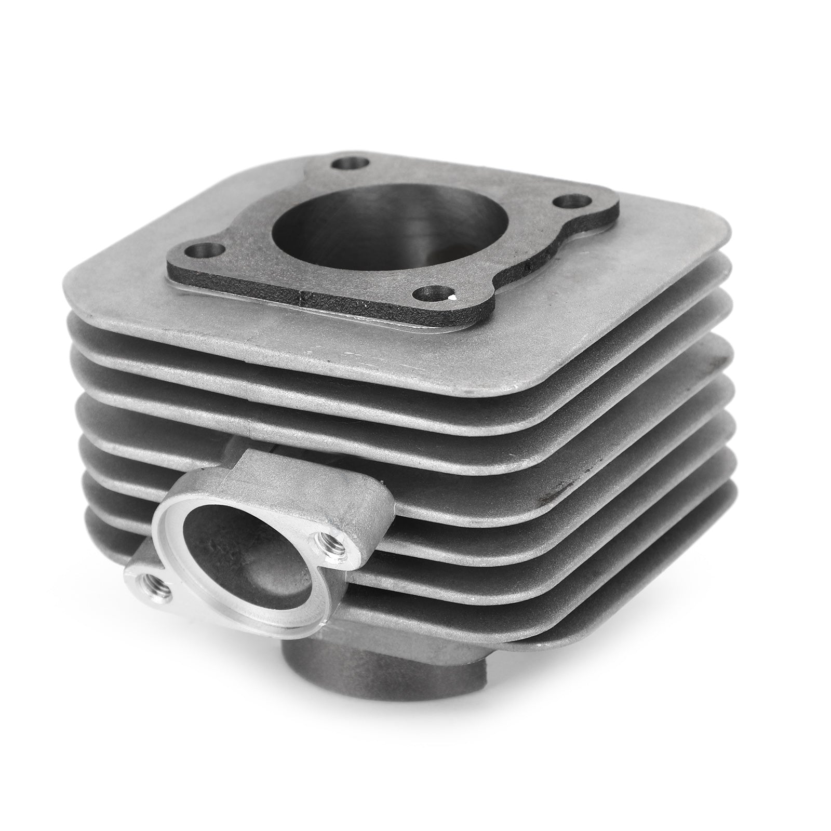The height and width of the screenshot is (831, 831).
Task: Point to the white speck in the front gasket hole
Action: pyautogui.click(x=453, y=297)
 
